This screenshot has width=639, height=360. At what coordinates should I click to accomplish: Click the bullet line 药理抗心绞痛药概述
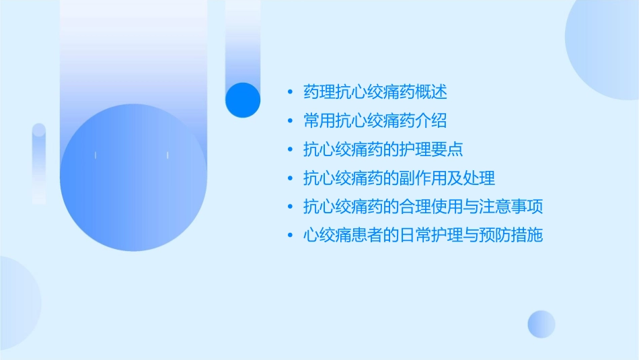point(375,92)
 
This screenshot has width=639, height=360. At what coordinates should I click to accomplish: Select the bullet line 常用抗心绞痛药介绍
point(375,121)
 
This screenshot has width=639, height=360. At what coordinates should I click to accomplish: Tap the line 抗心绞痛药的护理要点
point(383,149)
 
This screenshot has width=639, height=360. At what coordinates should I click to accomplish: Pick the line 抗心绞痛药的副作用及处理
point(400,178)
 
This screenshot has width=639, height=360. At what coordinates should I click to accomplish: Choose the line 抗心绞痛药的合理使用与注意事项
point(423,207)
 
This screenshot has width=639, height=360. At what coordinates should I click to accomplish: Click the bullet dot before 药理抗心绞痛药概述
point(290,92)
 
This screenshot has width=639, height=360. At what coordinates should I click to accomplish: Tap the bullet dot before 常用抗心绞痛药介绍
point(290,121)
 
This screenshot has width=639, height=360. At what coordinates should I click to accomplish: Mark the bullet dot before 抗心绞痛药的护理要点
point(290,149)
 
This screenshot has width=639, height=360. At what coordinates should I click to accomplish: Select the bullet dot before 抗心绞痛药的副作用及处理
point(290,178)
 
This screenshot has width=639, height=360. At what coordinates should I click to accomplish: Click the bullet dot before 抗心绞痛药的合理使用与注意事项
point(290,207)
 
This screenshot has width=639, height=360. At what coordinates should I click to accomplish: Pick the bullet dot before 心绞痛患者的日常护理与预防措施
point(290,236)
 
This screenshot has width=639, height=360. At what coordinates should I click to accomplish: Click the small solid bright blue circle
point(243,100)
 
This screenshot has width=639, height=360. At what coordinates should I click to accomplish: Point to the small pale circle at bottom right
point(541,324)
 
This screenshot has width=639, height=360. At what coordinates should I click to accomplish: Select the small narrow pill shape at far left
point(39,164)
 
